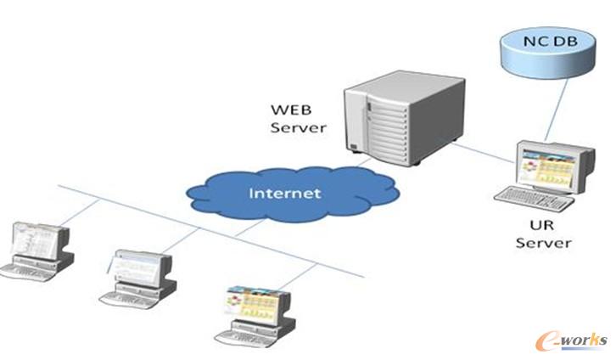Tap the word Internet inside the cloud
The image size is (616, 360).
[285, 193]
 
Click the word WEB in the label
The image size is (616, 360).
[287, 110]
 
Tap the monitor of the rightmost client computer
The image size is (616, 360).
[255, 305]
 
